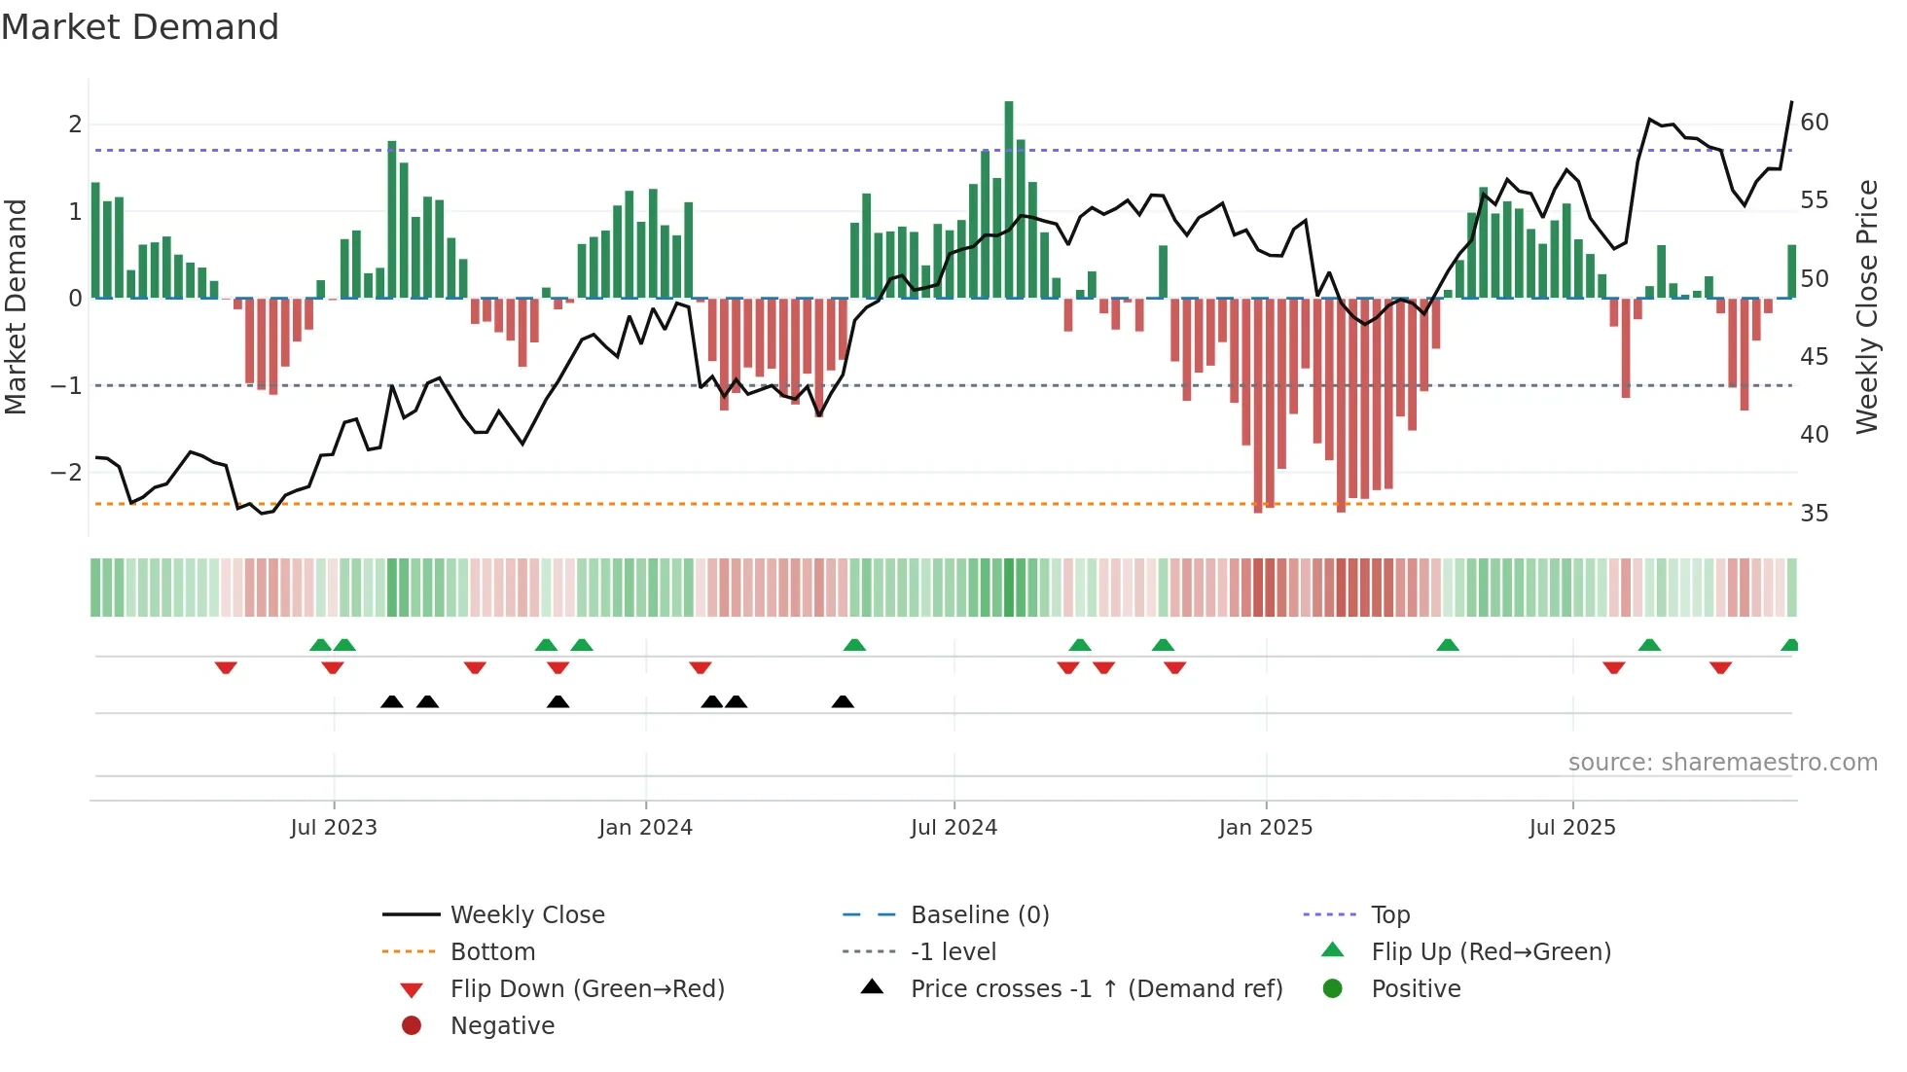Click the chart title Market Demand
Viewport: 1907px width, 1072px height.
click(140, 27)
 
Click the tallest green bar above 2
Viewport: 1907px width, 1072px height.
click(1009, 195)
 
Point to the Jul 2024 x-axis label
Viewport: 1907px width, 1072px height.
click(953, 828)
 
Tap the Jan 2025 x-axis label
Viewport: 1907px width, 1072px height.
click(1265, 828)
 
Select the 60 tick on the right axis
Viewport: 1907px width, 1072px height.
click(1814, 123)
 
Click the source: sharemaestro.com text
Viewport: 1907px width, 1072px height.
click(1722, 763)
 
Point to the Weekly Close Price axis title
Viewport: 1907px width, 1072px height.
click(1866, 306)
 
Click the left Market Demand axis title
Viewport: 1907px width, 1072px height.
click(16, 306)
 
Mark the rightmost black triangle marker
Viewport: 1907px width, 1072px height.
click(843, 702)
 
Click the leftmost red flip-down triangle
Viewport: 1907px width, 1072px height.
click(226, 667)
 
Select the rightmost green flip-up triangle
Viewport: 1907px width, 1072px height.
click(1789, 645)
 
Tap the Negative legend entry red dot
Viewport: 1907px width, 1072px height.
click(412, 1026)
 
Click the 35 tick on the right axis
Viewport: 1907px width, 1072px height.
click(1814, 514)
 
